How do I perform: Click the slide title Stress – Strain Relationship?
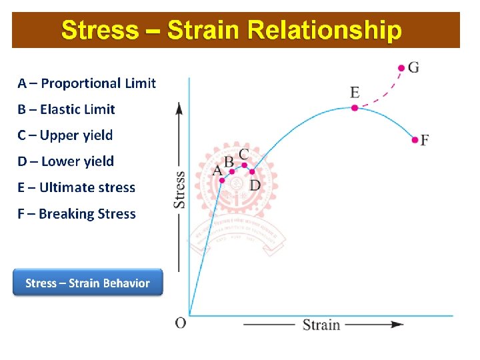231,31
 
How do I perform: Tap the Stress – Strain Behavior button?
87,283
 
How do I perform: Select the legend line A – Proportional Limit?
87,83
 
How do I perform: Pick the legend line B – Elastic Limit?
67,109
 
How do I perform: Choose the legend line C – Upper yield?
65,135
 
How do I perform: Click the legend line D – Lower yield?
66,161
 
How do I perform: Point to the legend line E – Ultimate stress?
77,187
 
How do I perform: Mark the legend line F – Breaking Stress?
77,214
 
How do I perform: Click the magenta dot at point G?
401,68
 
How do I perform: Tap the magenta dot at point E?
355,107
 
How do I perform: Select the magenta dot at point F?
415,140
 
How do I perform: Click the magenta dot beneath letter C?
245,165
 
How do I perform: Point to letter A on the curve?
217,171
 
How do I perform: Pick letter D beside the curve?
255,185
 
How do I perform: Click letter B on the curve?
229,161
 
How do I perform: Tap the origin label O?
181,323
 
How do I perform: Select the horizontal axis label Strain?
321,325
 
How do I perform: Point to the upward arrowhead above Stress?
179,107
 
